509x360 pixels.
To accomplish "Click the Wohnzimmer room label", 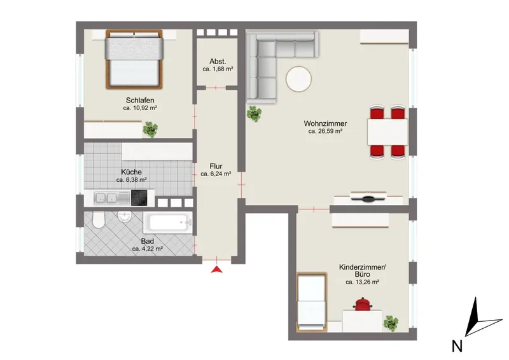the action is coord(325,123).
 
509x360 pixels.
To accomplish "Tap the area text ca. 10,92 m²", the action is coord(140,108).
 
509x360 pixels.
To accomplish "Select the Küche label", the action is coord(131,172).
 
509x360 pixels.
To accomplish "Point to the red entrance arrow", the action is coord(217,270).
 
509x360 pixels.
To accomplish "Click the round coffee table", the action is coord(298,80).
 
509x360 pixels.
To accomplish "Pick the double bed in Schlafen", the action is coord(134,59).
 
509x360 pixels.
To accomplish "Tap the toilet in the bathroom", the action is coord(98,220).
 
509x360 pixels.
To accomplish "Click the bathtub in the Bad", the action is coord(168,223).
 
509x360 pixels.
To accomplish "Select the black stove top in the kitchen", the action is coord(139,198).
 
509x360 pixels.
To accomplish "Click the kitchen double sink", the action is coord(106,198).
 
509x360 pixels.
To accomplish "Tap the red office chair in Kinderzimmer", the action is coord(363,304).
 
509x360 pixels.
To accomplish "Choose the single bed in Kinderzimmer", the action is coord(311,302).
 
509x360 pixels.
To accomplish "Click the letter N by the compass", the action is coord(457,346).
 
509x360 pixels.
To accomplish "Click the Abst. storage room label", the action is coord(218,61).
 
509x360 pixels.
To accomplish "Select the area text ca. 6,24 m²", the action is coord(216,174).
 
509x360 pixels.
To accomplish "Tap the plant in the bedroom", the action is coord(150,129).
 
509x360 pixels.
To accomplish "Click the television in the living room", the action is coord(368,197).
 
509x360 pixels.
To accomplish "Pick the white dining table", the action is coord(387,132).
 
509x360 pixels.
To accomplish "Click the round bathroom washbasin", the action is coord(124,217).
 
